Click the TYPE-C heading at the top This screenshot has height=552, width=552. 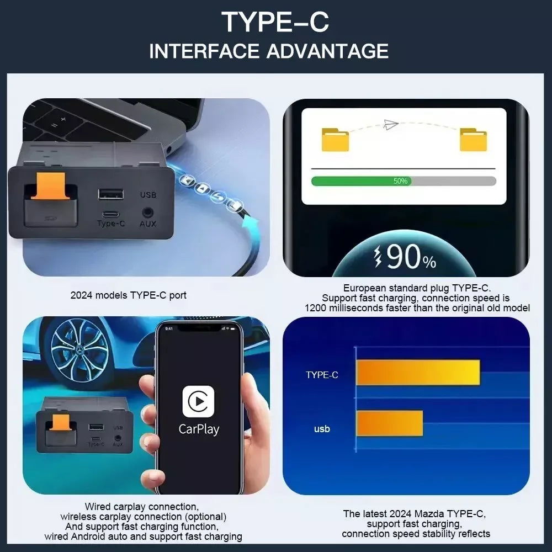pos(275,22)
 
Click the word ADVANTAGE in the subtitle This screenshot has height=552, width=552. pos(327,51)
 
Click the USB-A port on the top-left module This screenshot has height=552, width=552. pos(111,194)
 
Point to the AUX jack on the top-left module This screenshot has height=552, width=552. pos(147,213)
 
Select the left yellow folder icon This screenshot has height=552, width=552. pos(335,140)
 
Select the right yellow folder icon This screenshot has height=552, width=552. pos(473,140)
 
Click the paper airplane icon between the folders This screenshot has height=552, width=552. pos(390,124)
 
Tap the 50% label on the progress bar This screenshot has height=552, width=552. pos(400,181)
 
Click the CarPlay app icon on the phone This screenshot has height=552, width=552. pos(198,401)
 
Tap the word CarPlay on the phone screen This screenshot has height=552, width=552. pos(199,429)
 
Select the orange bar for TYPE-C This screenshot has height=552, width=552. pos(418,373)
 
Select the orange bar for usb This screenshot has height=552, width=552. pos(389,423)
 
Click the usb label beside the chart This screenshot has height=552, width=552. pos(322,429)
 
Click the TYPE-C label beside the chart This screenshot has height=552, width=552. pos(322,375)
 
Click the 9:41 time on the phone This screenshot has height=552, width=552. pos(169,328)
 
